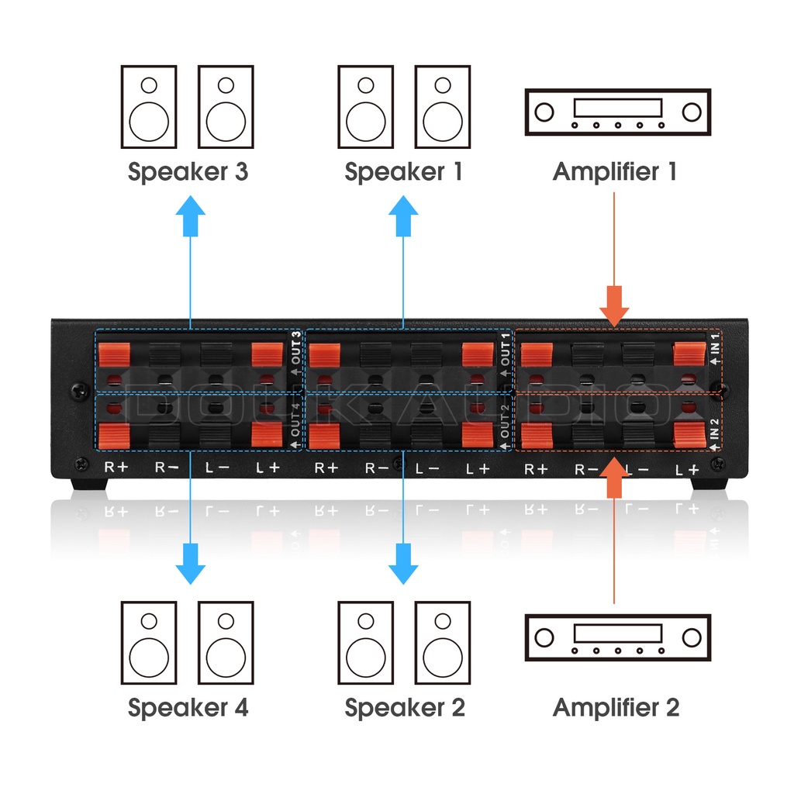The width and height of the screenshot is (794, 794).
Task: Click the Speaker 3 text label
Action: click(x=188, y=171)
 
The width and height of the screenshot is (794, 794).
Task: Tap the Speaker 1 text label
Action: click(x=403, y=171)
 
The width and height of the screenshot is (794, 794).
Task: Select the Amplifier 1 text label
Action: click(x=615, y=171)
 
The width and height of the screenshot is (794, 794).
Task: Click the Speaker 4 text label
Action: click(x=188, y=707)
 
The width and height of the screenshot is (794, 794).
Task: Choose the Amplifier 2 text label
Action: click(x=616, y=707)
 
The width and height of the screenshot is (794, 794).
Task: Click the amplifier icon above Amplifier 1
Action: click(x=618, y=112)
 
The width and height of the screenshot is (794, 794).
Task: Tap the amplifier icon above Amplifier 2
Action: click(x=618, y=637)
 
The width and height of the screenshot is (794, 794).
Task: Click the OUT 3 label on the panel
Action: click(x=295, y=353)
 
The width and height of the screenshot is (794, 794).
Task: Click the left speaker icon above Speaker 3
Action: click(x=149, y=107)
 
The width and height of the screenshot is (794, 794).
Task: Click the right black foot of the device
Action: click(x=709, y=482)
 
